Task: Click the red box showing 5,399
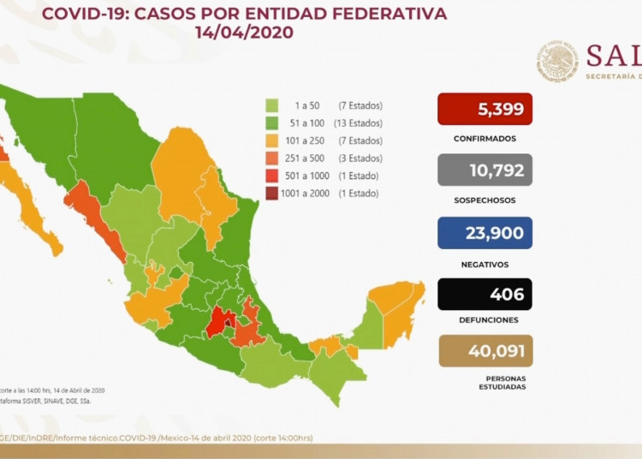[x=484, y=110]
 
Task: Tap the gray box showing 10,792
[x=484, y=170]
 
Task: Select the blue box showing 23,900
[x=484, y=232]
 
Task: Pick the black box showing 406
[x=484, y=294]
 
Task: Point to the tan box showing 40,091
[x=484, y=350]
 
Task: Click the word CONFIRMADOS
[x=484, y=138]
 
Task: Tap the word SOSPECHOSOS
[x=484, y=200]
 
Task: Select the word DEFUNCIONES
[x=484, y=319]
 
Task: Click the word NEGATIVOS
[x=484, y=265]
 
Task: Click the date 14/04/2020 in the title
[x=244, y=33]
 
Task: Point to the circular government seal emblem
[x=558, y=63]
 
